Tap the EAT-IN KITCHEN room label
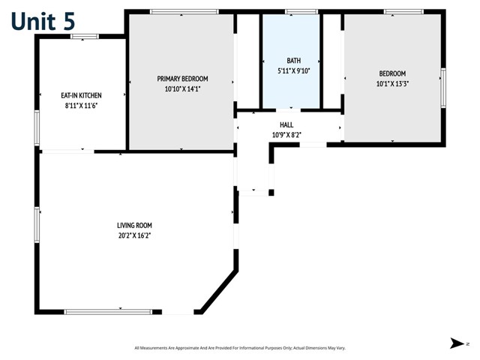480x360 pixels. [x=81, y=96]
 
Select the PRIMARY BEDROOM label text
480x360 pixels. [x=182, y=79]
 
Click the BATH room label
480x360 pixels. [x=292, y=61]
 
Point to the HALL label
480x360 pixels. [x=286, y=125]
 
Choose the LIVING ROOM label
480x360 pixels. [x=134, y=225]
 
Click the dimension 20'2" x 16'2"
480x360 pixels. [x=134, y=235]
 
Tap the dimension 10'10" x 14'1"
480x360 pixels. [x=182, y=88]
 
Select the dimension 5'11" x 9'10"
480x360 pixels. [x=292, y=71]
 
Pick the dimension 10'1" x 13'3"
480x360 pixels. [x=392, y=83]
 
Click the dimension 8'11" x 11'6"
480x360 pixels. [x=81, y=106]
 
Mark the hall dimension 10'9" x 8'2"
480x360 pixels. [x=286, y=135]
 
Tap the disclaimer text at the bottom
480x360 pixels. [x=239, y=347]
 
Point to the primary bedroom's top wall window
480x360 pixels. [x=184, y=11]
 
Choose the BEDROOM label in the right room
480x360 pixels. [x=392, y=73]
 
